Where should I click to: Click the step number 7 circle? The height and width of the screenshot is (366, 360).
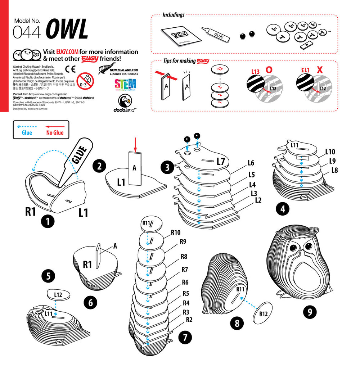184,337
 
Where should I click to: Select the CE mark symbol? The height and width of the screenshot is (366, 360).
70,69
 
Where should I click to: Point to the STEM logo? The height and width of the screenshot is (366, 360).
125,85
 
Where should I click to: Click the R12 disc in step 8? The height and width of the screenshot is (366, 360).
263,313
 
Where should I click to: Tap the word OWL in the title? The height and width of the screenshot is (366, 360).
67,30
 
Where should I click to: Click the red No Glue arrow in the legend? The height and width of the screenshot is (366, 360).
55,127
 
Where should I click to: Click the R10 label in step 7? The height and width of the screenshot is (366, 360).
175,232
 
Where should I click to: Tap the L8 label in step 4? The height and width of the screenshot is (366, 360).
334,170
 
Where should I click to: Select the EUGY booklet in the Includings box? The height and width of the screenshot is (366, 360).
179,36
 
